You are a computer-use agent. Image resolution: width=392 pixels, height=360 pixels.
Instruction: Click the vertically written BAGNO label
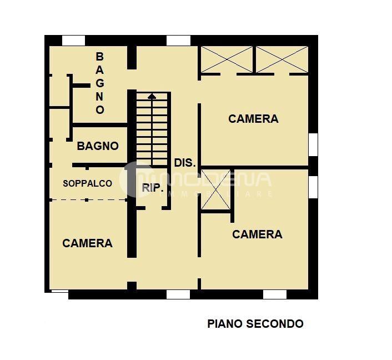pos(100,83)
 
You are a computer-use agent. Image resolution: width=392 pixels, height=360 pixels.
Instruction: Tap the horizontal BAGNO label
pos(98,146)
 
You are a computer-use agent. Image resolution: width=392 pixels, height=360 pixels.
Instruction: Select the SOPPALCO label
pos(87,183)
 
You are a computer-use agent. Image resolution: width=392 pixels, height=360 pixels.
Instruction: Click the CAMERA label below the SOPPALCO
pos(87,243)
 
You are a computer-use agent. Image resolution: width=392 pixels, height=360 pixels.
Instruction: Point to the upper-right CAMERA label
pos(253,119)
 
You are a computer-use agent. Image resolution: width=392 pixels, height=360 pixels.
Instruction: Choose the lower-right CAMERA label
pos(257,234)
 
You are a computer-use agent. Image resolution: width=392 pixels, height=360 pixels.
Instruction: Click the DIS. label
pos(185,163)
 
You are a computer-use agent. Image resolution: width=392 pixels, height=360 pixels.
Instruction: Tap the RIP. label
pos(153,188)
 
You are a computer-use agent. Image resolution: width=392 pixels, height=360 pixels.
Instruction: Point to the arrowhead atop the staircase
pos(152,96)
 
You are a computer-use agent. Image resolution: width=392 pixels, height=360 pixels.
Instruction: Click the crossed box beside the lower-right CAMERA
pos(215,189)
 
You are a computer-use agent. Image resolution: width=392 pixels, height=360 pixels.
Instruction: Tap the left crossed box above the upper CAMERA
pos(227,59)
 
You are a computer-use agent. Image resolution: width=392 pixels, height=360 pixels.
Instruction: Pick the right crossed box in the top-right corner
pos(282,59)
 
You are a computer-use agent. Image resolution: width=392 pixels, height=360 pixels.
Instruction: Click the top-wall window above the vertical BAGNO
pos(73,41)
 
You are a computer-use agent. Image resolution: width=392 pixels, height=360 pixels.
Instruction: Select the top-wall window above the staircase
pos(178,41)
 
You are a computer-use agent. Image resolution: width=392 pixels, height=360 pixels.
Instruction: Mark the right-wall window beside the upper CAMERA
pos(313,144)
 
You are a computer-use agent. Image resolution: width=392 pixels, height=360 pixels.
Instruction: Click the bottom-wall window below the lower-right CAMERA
pos(274,294)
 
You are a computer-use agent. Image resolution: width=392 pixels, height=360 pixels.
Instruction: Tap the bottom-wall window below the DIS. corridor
pos(178,294)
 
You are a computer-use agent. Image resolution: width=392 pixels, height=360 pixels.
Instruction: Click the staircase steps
pos(152,133)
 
